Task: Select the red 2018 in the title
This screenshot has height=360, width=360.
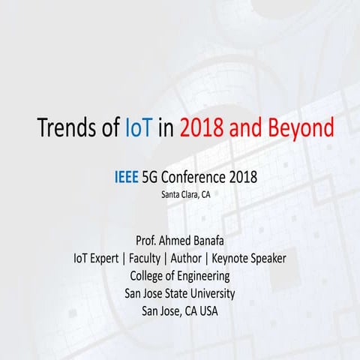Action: coord(220,127)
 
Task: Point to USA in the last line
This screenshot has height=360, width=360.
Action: coord(207,309)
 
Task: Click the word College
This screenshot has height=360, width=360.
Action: coord(148,275)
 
